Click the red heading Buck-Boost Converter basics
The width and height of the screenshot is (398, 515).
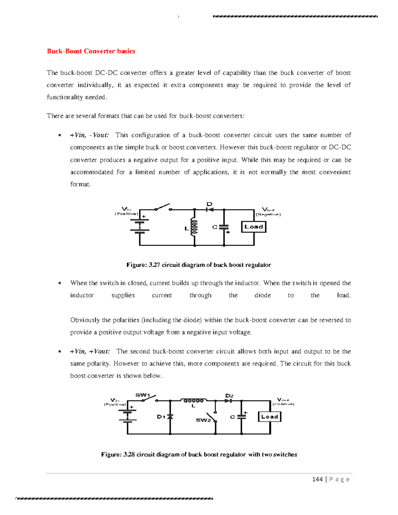[91, 51]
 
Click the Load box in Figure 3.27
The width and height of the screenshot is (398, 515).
[254, 227]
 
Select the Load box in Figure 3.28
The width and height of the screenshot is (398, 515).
[269, 417]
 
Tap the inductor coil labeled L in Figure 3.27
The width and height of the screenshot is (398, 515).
[194, 227]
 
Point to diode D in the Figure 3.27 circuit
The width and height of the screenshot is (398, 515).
[210, 209]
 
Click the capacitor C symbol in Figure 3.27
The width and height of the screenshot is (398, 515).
[224, 227]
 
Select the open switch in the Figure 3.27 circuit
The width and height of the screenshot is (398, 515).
[163, 208]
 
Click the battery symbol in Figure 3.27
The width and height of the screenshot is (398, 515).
[140, 225]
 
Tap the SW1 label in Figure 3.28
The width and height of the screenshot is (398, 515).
[143, 395]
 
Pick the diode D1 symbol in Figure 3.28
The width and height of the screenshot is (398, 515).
[170, 417]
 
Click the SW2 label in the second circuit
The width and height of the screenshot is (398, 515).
[203, 420]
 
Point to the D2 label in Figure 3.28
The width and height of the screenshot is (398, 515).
[229, 396]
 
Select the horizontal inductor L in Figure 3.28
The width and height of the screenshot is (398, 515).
[194, 401]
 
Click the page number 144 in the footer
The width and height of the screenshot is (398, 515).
[317, 479]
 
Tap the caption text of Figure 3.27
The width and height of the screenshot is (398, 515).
[198, 265]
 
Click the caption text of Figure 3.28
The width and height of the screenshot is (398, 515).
[199, 454]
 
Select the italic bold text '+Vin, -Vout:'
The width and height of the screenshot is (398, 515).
[89, 135]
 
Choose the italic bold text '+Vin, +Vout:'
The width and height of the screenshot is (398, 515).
[90, 351]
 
